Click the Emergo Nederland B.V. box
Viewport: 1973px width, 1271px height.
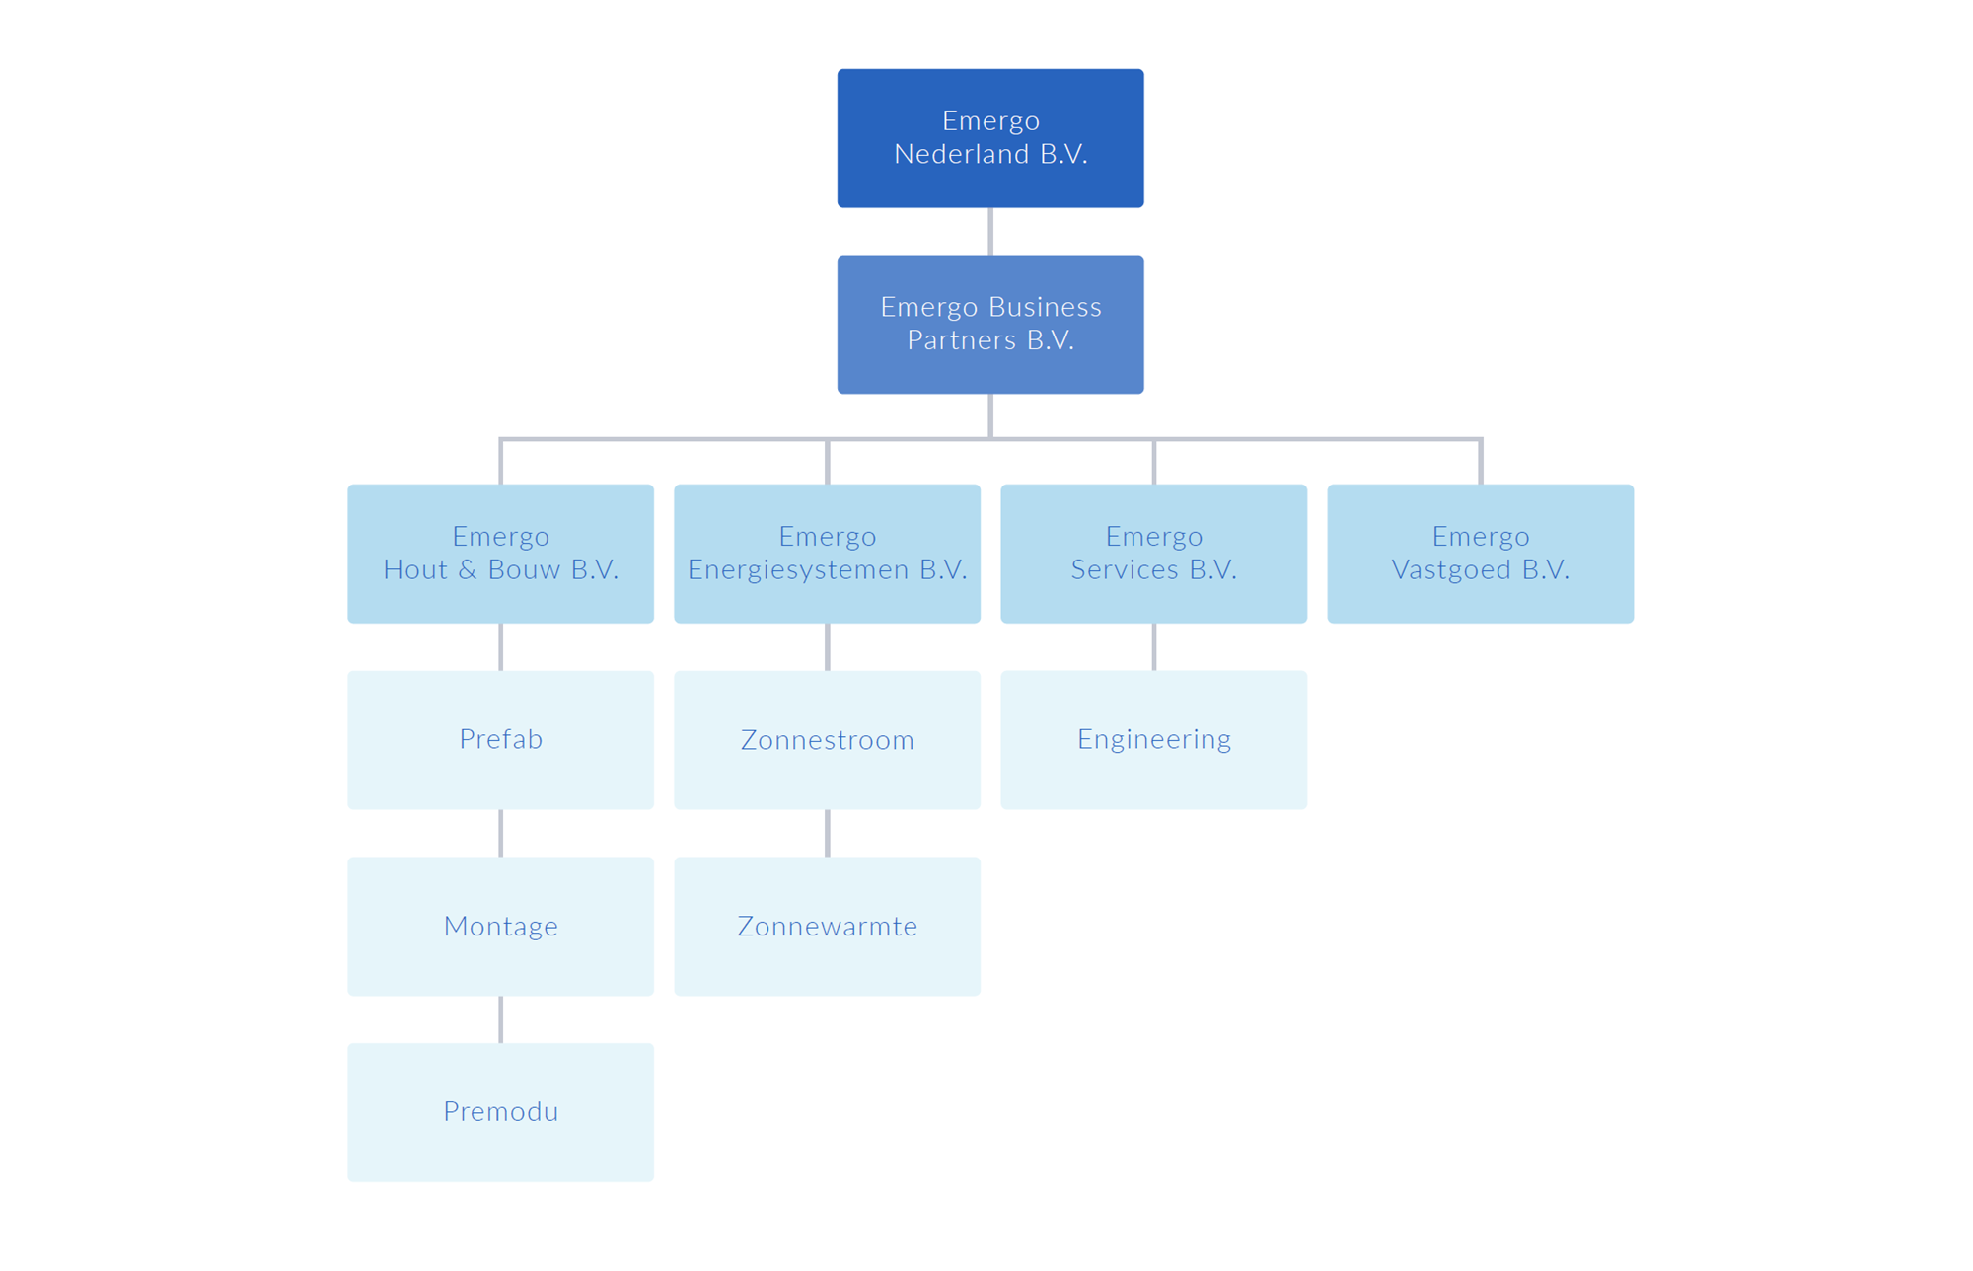click(x=990, y=138)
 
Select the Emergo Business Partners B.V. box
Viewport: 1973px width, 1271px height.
click(x=990, y=325)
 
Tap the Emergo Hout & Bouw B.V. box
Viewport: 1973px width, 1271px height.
click(x=500, y=553)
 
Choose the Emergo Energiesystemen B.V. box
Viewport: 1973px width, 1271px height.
click(x=827, y=553)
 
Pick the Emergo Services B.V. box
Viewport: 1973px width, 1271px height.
click(x=1153, y=553)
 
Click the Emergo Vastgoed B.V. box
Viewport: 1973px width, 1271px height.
click(x=1480, y=553)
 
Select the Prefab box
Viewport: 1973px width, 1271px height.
click(x=500, y=739)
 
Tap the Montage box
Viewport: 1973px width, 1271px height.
click(x=500, y=926)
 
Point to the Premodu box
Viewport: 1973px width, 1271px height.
click(x=500, y=1112)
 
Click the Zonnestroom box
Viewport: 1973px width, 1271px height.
click(x=827, y=739)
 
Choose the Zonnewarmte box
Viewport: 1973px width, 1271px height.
click(x=827, y=926)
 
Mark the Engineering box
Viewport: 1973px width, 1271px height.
click(x=1153, y=739)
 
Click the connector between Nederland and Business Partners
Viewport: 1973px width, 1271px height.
click(x=990, y=232)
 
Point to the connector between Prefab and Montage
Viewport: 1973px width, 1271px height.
click(x=501, y=833)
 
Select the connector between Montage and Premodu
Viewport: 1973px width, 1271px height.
click(x=501, y=1019)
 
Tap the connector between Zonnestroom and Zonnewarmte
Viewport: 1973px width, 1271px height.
click(x=828, y=833)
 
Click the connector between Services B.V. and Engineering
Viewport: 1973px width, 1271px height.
click(x=1154, y=646)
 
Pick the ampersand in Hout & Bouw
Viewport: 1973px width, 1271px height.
click(x=468, y=570)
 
